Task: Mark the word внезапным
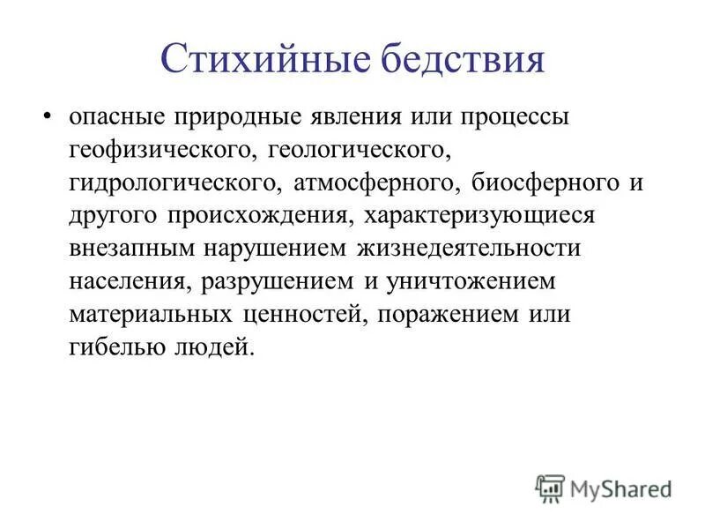coord(133,249)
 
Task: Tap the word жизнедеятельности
coord(468,249)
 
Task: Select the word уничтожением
coord(480,281)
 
